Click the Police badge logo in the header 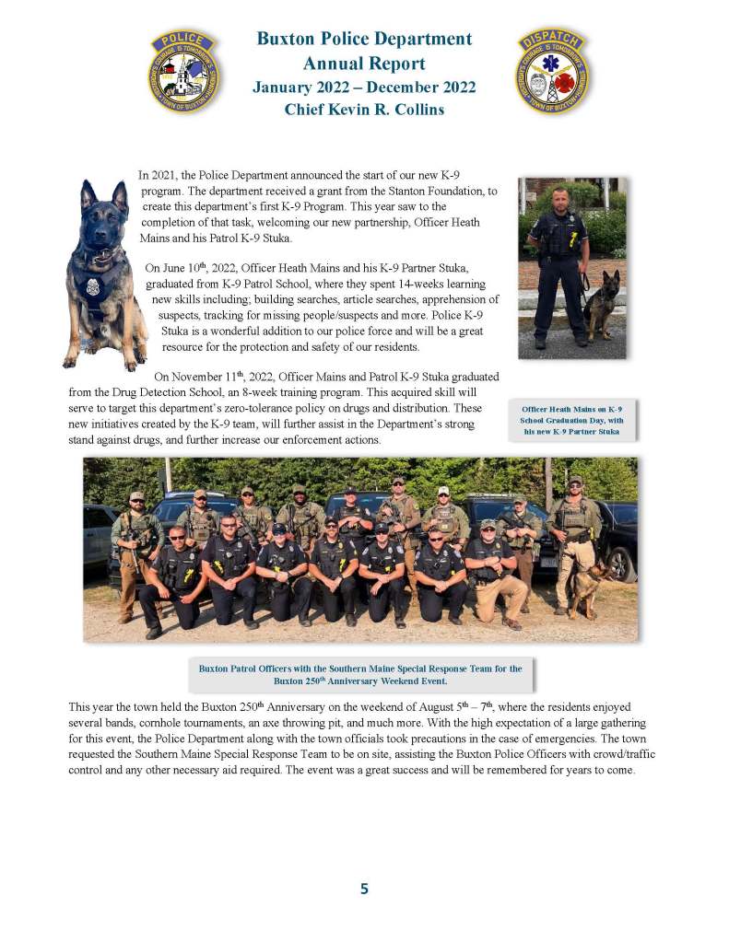tap(184, 70)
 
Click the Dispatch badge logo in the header tap(553, 70)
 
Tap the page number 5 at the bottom tap(364, 889)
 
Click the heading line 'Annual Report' tap(364, 64)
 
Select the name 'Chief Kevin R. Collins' tap(364, 110)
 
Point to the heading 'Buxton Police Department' tap(364, 40)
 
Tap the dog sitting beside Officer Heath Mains tap(602, 305)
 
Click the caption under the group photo tap(359, 675)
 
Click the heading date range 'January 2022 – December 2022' tap(364, 87)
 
